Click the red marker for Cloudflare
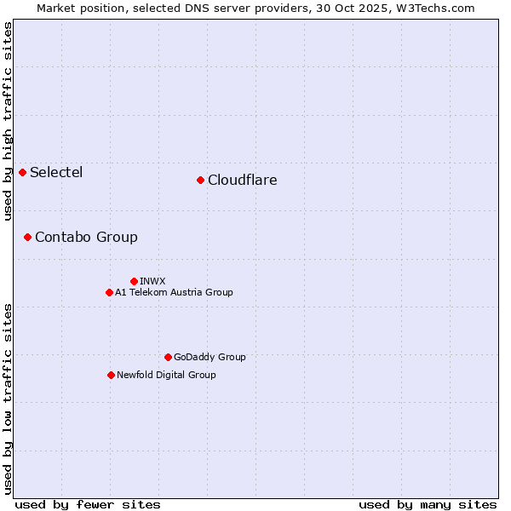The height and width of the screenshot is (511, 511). click(200, 180)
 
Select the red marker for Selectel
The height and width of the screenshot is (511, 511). click(23, 173)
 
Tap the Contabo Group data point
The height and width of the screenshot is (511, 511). click(28, 237)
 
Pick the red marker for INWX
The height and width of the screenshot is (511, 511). click(134, 281)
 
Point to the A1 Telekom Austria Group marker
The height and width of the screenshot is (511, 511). click(109, 292)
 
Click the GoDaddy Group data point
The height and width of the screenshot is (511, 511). click(168, 357)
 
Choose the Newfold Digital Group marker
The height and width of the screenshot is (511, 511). click(111, 375)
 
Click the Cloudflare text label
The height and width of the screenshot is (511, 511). click(242, 180)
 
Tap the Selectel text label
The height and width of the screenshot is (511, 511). click(56, 173)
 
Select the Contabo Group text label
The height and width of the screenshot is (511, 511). click(86, 237)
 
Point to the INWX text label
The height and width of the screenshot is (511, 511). click(152, 281)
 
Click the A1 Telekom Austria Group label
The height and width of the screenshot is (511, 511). click(174, 292)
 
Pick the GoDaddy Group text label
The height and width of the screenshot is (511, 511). click(210, 357)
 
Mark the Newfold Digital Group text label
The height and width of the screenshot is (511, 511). click(166, 375)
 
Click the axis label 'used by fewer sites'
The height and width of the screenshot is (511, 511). click(88, 504)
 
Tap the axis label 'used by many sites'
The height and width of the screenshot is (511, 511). click(428, 504)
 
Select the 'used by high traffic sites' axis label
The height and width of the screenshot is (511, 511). click(8, 121)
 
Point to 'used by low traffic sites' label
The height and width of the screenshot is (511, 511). click(8, 398)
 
